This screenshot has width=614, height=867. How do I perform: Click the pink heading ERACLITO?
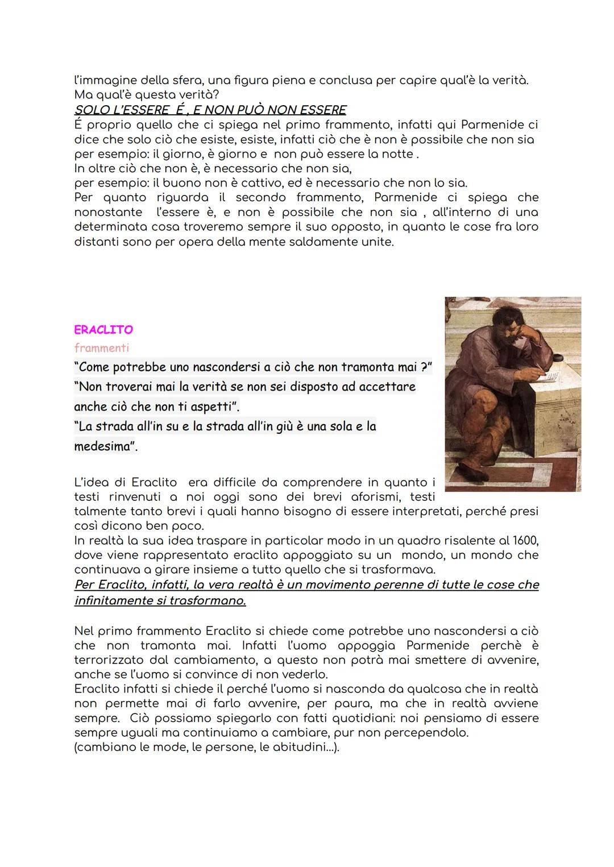click(x=103, y=330)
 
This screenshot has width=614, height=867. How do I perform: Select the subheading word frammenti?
click(x=102, y=348)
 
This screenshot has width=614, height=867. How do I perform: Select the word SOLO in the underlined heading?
click(x=93, y=110)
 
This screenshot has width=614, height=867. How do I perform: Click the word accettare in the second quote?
click(x=387, y=387)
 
